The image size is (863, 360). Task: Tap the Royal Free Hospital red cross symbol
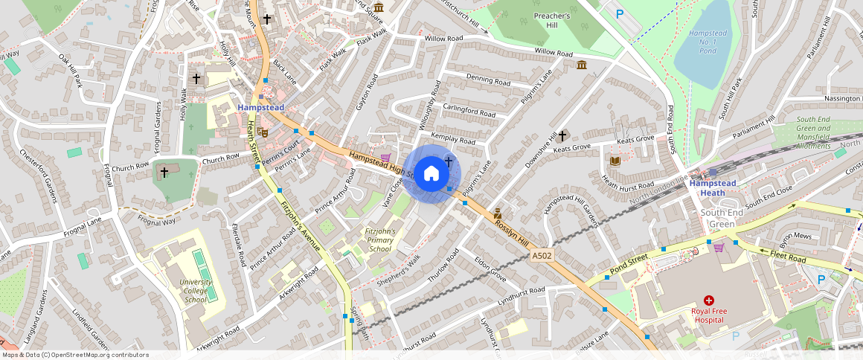(708, 300)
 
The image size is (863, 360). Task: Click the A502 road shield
(542, 256)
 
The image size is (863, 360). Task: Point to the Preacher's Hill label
(552, 20)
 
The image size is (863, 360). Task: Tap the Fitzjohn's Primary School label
(379, 240)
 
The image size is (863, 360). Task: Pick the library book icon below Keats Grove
(615, 161)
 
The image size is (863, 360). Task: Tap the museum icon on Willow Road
(581, 65)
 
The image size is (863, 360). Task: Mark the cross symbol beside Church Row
(164, 172)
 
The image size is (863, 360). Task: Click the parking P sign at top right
(619, 13)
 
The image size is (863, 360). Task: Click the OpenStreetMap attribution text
(75, 355)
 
